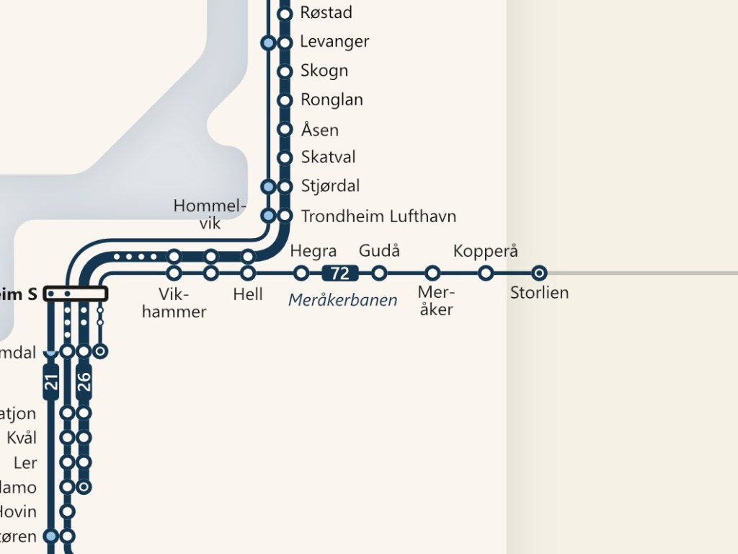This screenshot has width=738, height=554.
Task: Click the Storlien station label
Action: pyautogui.click(x=539, y=293)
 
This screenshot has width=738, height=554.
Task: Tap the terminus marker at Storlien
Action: pyautogui.click(x=539, y=273)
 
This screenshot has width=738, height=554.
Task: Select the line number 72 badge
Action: pyautogui.click(x=340, y=273)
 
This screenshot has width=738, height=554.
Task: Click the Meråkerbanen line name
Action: pyautogui.click(x=343, y=300)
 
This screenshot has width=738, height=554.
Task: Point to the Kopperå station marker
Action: pyautogui.click(x=486, y=273)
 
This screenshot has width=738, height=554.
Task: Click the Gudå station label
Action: pyautogui.click(x=379, y=251)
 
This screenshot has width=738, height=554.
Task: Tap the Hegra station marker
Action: pyautogui.click(x=301, y=273)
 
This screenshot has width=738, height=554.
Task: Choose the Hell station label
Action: pyautogui.click(x=248, y=294)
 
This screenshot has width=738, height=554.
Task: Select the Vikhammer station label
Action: pyautogui.click(x=174, y=303)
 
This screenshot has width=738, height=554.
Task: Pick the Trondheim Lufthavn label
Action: pyautogui.click(x=378, y=216)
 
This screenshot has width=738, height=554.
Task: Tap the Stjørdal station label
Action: pyautogui.click(x=330, y=186)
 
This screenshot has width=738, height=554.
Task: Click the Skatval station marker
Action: pyautogui.click(x=285, y=157)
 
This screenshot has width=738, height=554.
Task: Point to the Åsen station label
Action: pyautogui.click(x=319, y=130)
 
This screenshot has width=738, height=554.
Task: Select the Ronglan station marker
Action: pyautogui.click(x=285, y=100)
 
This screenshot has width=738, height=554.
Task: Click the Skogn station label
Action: pyautogui.click(x=324, y=71)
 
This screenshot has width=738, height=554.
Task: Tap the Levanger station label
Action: pyautogui.click(x=334, y=42)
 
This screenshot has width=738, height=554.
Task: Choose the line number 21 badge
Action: pyautogui.click(x=51, y=381)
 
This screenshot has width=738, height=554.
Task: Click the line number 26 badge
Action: pyautogui.click(x=84, y=381)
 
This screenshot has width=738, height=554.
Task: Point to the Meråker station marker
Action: pyautogui.click(x=432, y=273)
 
